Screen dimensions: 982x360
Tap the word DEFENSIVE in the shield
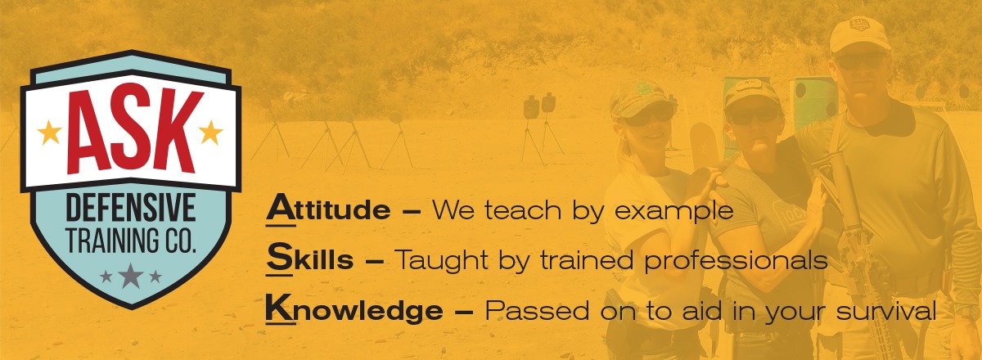[131, 208]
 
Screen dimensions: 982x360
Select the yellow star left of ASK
[49, 133]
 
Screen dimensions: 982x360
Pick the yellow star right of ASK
[211, 133]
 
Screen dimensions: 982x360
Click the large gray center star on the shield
[131, 276]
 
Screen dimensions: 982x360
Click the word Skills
[309, 259]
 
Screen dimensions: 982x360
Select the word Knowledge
[354, 309]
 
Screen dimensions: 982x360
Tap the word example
[673, 211]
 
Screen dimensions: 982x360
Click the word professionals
[736, 261]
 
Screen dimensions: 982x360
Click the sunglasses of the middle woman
[753, 115]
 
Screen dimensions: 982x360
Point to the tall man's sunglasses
[859, 61]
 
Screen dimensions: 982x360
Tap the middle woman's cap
[750, 93]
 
